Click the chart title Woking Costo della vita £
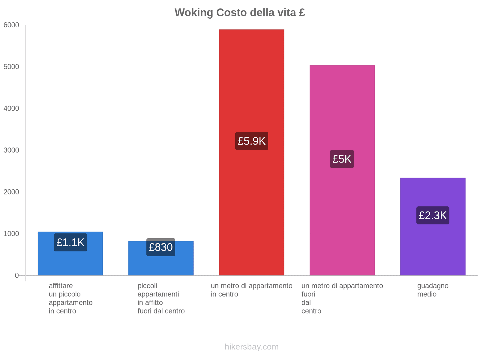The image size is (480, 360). point(240,13)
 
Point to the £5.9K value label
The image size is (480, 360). point(251,141)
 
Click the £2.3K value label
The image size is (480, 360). point(433,215)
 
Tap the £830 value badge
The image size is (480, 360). point(161,247)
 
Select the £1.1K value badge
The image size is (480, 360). point(70,242)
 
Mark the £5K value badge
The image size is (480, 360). point(342,159)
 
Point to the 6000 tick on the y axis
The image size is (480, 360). point(11,25)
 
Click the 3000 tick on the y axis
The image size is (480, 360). point(11,150)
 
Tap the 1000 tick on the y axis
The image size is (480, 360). point(11,234)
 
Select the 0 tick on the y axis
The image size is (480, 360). point(17,275)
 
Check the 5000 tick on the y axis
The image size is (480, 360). point(11,67)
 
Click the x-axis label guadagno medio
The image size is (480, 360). point(433,290)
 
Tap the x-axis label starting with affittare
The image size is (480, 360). point(70,298)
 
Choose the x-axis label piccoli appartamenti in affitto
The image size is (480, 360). point(161,298)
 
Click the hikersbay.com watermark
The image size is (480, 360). point(251,347)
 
